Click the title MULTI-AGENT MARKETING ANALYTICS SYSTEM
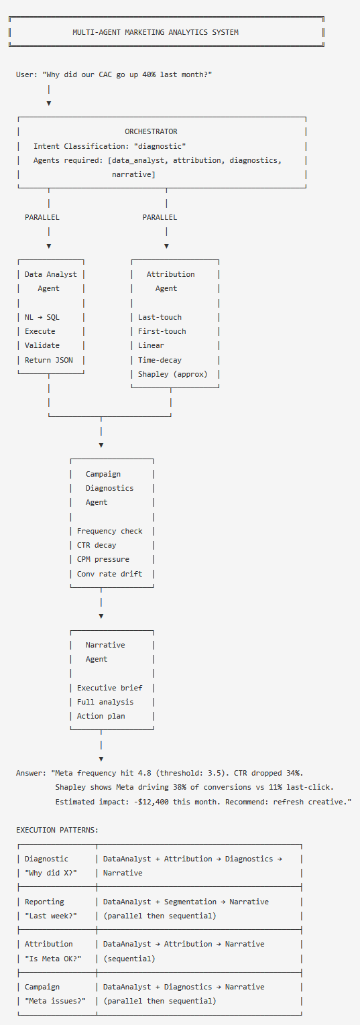click(x=155, y=32)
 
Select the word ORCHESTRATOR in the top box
click(x=151, y=131)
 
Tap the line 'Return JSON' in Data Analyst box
click(x=49, y=360)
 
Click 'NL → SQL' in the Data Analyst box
click(x=42, y=317)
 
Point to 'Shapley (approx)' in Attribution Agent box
click(x=173, y=374)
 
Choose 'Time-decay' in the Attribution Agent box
click(x=160, y=360)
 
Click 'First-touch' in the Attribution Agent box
click(x=162, y=331)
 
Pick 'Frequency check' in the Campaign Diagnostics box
click(x=110, y=531)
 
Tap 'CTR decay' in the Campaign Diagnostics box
click(x=97, y=545)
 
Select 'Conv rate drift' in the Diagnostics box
click(x=110, y=574)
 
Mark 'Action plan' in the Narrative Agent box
click(x=101, y=716)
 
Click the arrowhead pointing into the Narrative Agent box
click(x=101, y=615)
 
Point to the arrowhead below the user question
click(x=49, y=103)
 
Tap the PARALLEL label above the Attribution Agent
click(x=160, y=217)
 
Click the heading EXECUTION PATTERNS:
click(x=57, y=830)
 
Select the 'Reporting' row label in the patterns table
click(x=45, y=902)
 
